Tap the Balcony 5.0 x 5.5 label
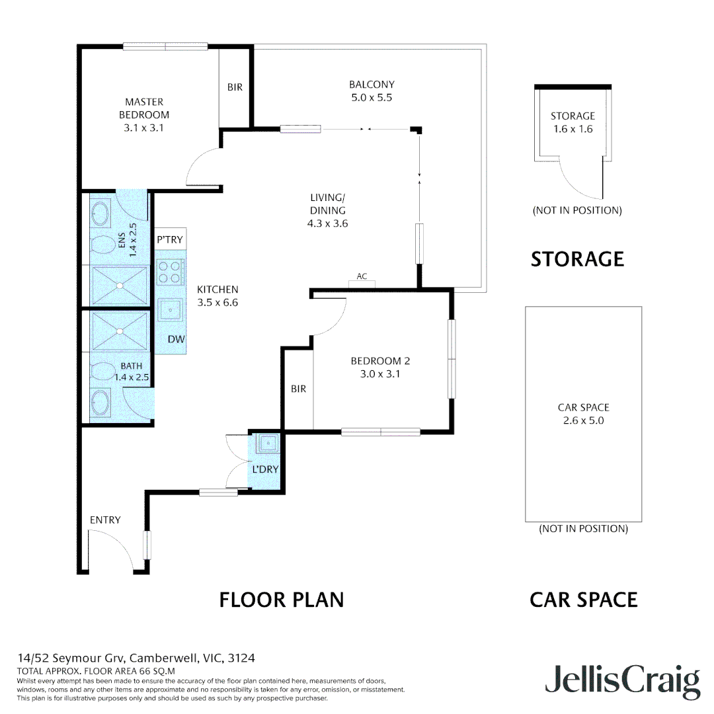click(x=372, y=91)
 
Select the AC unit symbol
click(x=362, y=284)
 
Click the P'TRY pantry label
click(x=170, y=239)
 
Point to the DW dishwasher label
click(x=175, y=339)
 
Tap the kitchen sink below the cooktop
click(x=171, y=309)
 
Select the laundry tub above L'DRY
click(x=267, y=444)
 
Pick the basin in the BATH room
click(x=100, y=401)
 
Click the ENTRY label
click(x=105, y=520)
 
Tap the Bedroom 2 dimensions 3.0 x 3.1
click(x=380, y=374)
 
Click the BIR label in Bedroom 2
click(x=298, y=389)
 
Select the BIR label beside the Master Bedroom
click(x=235, y=87)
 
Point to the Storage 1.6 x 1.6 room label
click(x=573, y=122)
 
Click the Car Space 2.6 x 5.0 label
click(x=583, y=414)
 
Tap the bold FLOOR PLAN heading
click(x=282, y=600)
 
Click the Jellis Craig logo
click(x=622, y=681)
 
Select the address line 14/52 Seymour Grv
click(x=136, y=658)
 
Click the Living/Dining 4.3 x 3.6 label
click(x=327, y=210)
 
